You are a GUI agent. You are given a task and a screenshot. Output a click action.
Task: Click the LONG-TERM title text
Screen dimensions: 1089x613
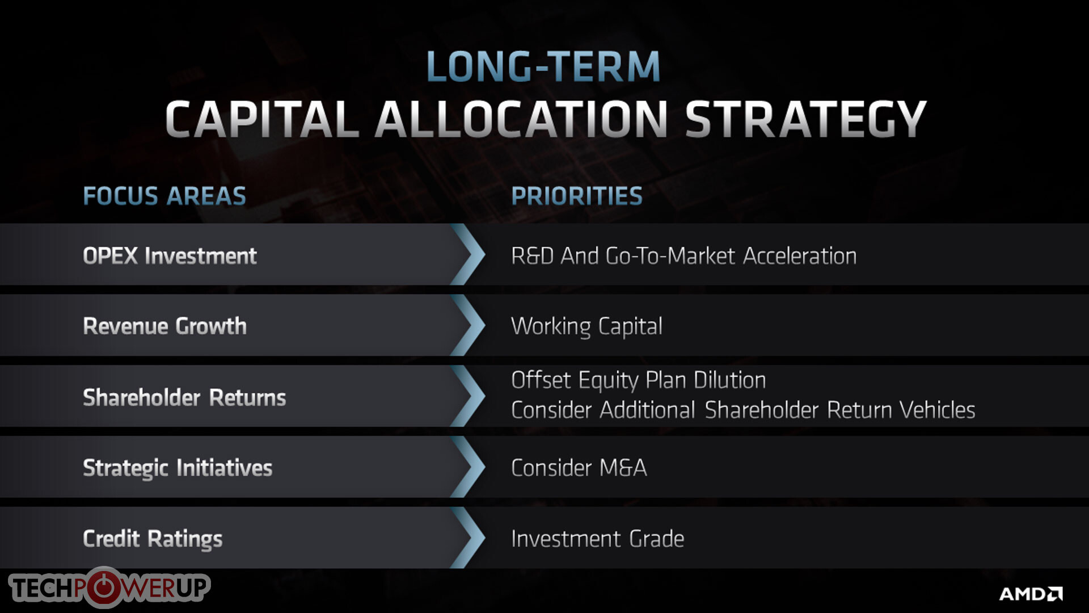coord(543,66)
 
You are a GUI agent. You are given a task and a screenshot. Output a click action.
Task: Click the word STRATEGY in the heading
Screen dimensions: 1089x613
coord(805,119)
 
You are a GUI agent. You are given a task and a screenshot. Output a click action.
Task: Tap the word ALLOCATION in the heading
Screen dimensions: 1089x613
coord(522,119)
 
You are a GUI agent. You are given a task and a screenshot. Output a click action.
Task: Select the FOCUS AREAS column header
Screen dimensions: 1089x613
coord(164,196)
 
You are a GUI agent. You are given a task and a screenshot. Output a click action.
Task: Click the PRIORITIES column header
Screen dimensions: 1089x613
coord(577,196)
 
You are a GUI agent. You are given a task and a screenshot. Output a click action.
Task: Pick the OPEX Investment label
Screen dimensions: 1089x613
coord(170,256)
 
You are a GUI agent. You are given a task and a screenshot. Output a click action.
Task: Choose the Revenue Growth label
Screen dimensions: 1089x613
coord(164,326)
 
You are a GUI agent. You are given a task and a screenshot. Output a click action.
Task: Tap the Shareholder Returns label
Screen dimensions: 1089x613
coord(184,397)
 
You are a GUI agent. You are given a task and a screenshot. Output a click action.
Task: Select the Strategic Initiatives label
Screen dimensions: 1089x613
coord(178,468)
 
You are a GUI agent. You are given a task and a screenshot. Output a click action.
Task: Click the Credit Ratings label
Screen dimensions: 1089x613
coord(153,539)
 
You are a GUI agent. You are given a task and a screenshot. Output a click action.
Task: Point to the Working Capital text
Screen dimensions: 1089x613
coord(586,326)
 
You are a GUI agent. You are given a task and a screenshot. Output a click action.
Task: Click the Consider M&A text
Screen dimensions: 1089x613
coord(579,468)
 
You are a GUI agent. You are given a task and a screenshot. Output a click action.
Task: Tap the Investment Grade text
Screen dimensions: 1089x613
coord(597,539)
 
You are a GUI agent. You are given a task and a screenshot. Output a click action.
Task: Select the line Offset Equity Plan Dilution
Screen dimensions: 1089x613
coord(638,380)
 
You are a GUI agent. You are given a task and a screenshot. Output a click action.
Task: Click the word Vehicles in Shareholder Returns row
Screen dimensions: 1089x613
coord(938,410)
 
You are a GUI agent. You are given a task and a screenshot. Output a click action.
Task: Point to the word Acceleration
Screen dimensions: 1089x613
coord(800,256)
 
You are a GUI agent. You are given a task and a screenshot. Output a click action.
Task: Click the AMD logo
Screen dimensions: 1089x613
coord(1031,594)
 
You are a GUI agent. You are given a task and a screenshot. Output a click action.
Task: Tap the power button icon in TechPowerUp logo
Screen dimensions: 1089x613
coord(104,587)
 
